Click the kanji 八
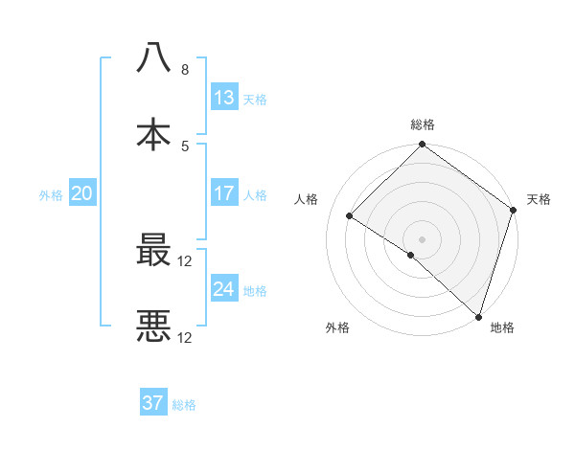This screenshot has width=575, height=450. [x=153, y=57]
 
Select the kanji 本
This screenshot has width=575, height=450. [x=153, y=133]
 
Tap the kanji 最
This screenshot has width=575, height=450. [x=153, y=252]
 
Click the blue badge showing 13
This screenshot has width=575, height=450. [x=224, y=98]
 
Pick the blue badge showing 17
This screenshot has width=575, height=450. [x=224, y=193]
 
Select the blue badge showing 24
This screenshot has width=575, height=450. [x=224, y=289]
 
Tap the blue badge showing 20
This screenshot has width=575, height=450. [x=81, y=193]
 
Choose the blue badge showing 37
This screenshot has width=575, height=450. [x=153, y=403]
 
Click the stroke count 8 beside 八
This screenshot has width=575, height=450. [x=185, y=70]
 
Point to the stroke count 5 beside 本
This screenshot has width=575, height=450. [x=185, y=146]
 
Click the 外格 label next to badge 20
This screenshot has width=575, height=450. [x=51, y=194]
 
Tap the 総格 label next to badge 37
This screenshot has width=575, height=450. [x=184, y=405]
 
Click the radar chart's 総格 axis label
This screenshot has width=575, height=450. [x=423, y=124]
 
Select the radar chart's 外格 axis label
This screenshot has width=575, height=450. [x=337, y=328]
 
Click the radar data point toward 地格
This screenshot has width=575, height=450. [x=478, y=317]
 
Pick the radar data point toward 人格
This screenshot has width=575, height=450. [x=350, y=215]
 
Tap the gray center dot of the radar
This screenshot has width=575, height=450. [x=423, y=238]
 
